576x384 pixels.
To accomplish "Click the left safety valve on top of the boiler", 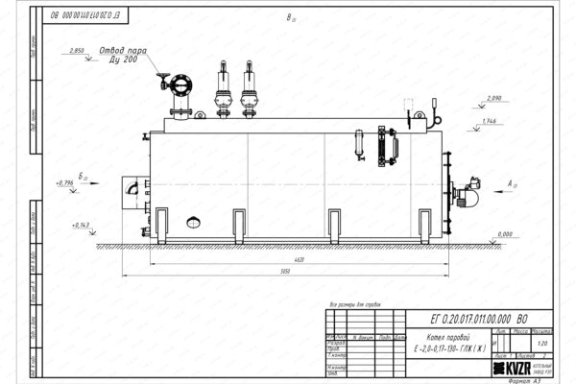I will [x=221, y=88].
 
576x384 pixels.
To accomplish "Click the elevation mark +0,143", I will [x=82, y=225].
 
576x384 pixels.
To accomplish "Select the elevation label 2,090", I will [x=494, y=99].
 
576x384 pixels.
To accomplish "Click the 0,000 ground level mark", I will [x=503, y=234].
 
